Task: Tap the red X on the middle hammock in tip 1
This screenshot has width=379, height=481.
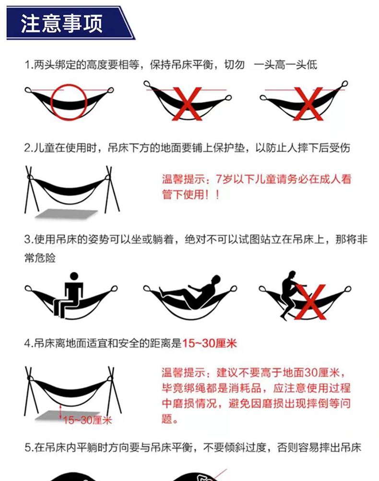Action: pyautogui.click(x=188, y=104)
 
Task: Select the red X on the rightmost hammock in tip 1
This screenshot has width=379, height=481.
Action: pyautogui.click(x=308, y=104)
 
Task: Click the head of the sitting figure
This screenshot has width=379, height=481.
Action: pyautogui.click(x=74, y=276)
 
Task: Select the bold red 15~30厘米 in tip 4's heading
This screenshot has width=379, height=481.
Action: pyautogui.click(x=210, y=343)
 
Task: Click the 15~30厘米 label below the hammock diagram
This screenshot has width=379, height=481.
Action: pyautogui.click(x=88, y=420)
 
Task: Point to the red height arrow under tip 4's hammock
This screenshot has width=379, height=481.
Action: pyautogui.click(x=61, y=411)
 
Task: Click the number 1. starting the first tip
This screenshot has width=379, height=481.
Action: pyautogui.click(x=28, y=65)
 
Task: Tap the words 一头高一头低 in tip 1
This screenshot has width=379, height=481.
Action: pyautogui.click(x=285, y=65)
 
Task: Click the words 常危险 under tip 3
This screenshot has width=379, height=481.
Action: pyautogui.click(x=40, y=258)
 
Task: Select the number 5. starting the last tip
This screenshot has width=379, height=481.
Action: pyautogui.click(x=29, y=447)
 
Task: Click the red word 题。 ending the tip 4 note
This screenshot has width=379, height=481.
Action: pyautogui.click(x=170, y=419)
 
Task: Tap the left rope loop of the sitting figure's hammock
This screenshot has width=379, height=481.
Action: pyautogui.click(x=28, y=289)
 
